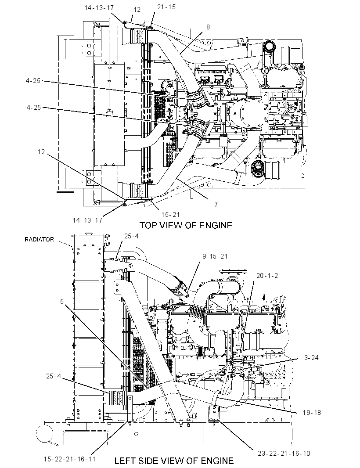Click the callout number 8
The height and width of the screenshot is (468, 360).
[x=208, y=27]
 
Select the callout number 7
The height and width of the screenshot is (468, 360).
[x=216, y=205]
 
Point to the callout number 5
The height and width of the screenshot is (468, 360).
[x=62, y=302]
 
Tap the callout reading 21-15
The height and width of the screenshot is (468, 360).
[x=166, y=7]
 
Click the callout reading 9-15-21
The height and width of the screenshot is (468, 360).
[x=215, y=256]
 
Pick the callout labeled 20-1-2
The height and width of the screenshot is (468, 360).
[x=267, y=275]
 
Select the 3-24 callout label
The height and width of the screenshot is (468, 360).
[x=311, y=357]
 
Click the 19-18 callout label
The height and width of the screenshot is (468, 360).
[x=312, y=413]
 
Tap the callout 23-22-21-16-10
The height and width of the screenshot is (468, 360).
[x=284, y=454]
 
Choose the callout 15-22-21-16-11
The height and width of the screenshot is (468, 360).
[x=69, y=459]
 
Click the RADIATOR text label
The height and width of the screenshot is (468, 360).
[x=39, y=239]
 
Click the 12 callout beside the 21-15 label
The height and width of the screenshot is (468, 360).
[x=137, y=10]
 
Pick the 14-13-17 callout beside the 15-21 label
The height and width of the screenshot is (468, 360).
[x=87, y=220]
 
